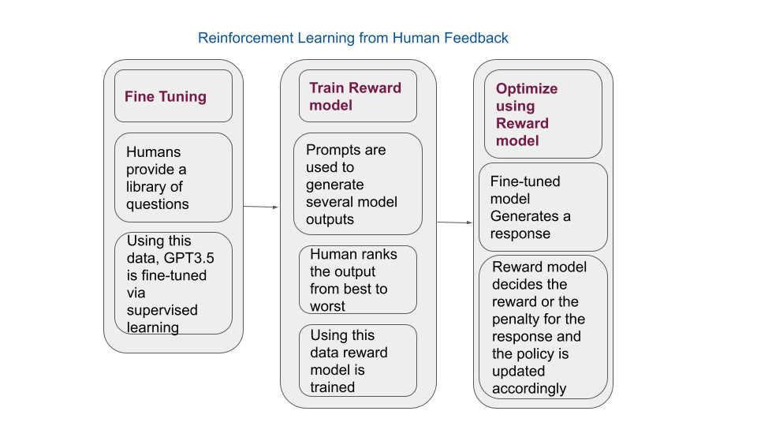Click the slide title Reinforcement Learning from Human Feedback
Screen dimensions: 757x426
[353, 38]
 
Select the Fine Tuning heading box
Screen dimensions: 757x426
[173, 95]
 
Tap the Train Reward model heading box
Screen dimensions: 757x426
[358, 95]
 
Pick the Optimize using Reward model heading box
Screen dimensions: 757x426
[543, 114]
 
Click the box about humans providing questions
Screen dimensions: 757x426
[173, 177]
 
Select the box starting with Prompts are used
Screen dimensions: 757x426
[358, 184]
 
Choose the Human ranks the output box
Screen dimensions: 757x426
[358, 279]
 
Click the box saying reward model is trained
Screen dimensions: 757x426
[358, 361]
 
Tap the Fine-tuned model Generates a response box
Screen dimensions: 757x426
[543, 207]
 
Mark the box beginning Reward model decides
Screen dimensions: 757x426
[543, 327]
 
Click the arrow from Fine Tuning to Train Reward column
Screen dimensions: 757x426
[261, 207]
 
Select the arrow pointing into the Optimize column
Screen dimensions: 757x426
[455, 222]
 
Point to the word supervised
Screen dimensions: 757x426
[162, 310]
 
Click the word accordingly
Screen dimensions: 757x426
[529, 388]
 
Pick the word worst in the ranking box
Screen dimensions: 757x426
[327, 306]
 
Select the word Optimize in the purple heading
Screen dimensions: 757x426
[527, 88]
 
